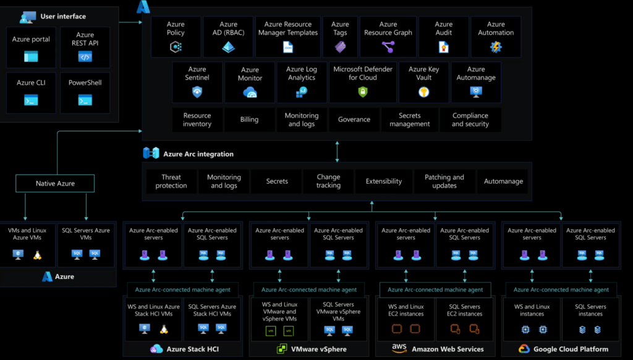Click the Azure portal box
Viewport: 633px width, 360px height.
pyautogui.click(x=31, y=47)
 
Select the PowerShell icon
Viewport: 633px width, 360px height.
pyautogui.click(x=85, y=100)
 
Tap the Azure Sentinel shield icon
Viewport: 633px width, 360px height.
pyautogui.click(x=197, y=92)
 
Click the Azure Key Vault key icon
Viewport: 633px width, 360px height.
pyautogui.click(x=423, y=92)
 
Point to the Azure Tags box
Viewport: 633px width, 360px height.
pyautogui.click(x=340, y=36)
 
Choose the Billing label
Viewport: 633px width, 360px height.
pyautogui.click(x=249, y=119)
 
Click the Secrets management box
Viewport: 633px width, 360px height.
pyautogui.click(x=409, y=119)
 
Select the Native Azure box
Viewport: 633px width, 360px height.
pyautogui.click(x=55, y=184)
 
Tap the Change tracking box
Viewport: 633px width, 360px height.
pyautogui.click(x=328, y=181)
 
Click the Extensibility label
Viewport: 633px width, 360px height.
pyautogui.click(x=383, y=181)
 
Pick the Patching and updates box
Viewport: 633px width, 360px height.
pyautogui.click(x=444, y=181)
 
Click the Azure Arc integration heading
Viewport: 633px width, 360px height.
pyautogui.click(x=198, y=154)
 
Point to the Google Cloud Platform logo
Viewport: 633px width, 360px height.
pyautogui.click(x=524, y=349)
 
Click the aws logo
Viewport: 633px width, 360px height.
pyautogui.click(x=399, y=348)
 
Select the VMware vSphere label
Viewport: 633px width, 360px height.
pyautogui.click(x=319, y=349)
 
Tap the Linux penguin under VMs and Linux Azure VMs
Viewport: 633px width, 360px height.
pyautogui.click(x=38, y=255)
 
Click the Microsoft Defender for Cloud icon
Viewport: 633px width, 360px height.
pyautogui.click(x=363, y=92)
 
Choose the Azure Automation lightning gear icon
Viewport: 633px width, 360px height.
pyautogui.click(x=496, y=47)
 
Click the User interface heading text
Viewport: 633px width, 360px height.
pyautogui.click(x=63, y=17)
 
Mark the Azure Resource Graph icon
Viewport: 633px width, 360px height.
pyautogui.click(x=388, y=47)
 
